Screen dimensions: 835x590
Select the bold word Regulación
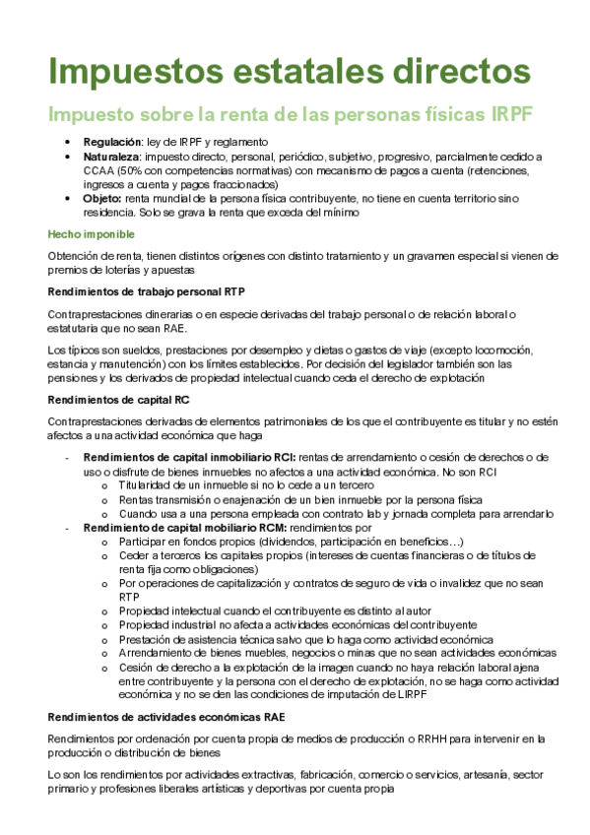[113, 142]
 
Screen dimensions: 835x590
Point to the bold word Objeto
[102, 198]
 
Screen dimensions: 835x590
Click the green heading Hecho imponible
[92, 234]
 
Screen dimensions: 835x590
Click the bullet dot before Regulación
[67, 142]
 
